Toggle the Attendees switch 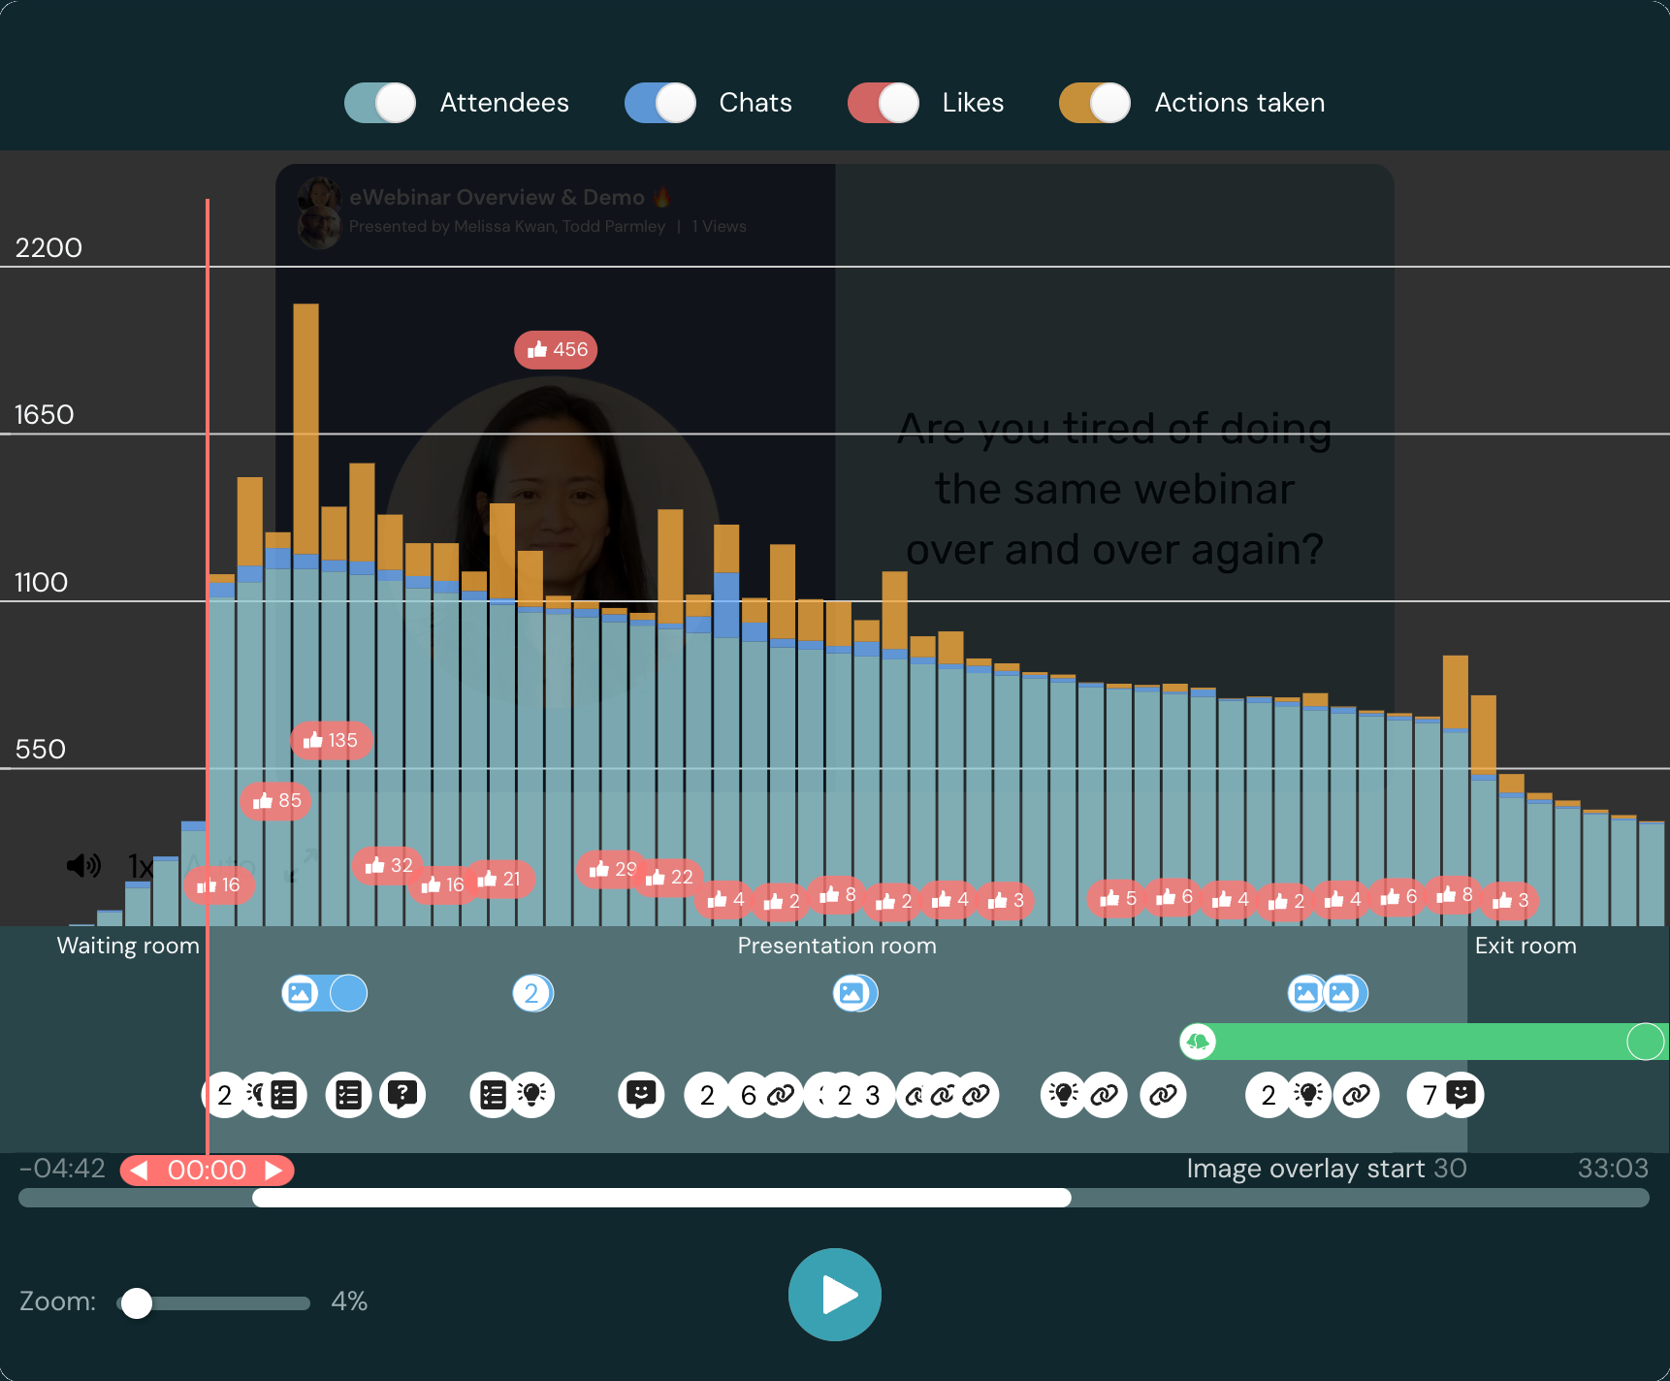[x=380, y=103]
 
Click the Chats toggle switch [x=660, y=103]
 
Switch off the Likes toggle [x=883, y=103]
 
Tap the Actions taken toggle [x=1095, y=103]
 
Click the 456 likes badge [x=556, y=349]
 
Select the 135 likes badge [x=331, y=741]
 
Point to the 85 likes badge [x=276, y=801]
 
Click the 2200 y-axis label [x=48, y=248]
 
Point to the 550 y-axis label [x=41, y=750]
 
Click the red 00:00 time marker [x=207, y=1170]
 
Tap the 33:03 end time [x=1612, y=1168]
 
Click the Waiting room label [x=128, y=946]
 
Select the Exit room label [x=1525, y=946]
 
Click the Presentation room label [x=837, y=946]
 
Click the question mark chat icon [x=402, y=1095]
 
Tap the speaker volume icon [x=83, y=865]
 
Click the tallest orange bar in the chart [x=305, y=427]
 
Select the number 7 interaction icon [x=1429, y=1095]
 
